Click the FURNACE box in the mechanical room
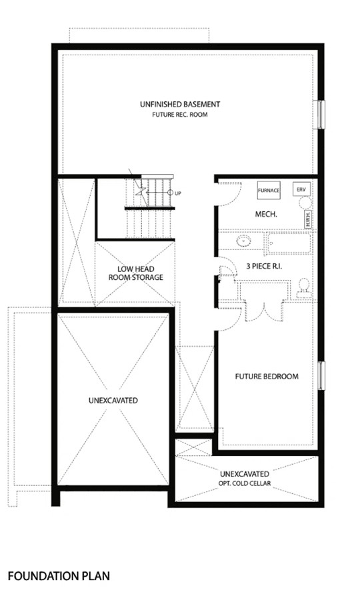point(268,190)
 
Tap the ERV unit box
point(301,189)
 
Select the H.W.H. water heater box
point(309,219)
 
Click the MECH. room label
point(266,214)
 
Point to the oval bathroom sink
point(244,241)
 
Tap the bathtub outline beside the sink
point(289,244)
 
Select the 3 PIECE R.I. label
point(264,266)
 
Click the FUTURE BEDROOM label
point(267,377)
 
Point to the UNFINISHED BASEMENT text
point(180,104)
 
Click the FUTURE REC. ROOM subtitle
point(180,115)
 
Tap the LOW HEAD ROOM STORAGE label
point(136,273)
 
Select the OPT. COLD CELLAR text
point(245,483)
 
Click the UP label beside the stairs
point(178,193)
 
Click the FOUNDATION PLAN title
point(59,576)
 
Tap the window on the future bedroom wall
point(321,376)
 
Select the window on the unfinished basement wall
point(321,115)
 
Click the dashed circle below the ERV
point(305,203)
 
